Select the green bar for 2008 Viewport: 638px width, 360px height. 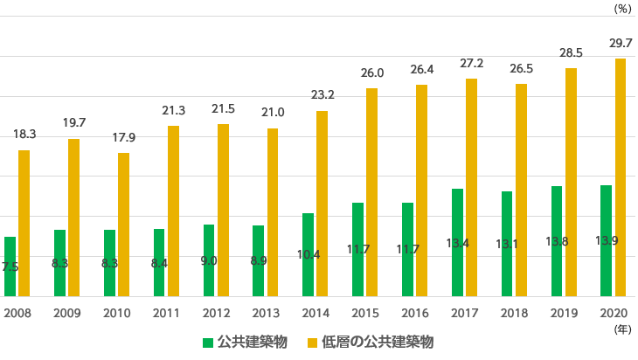point(10,267)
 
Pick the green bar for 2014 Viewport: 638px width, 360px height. point(308,254)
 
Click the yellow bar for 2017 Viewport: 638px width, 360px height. point(471,187)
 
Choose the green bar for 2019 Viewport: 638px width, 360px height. point(557,241)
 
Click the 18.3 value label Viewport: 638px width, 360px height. point(24,135)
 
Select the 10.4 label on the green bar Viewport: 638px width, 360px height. point(309,255)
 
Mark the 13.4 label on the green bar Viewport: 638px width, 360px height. point(457,244)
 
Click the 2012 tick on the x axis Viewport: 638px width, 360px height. point(216,313)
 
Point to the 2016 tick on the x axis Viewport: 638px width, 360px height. point(415,313)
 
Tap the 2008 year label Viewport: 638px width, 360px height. point(17,313)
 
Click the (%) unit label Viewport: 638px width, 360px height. point(621,9)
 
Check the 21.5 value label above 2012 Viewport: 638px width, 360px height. point(223,109)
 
